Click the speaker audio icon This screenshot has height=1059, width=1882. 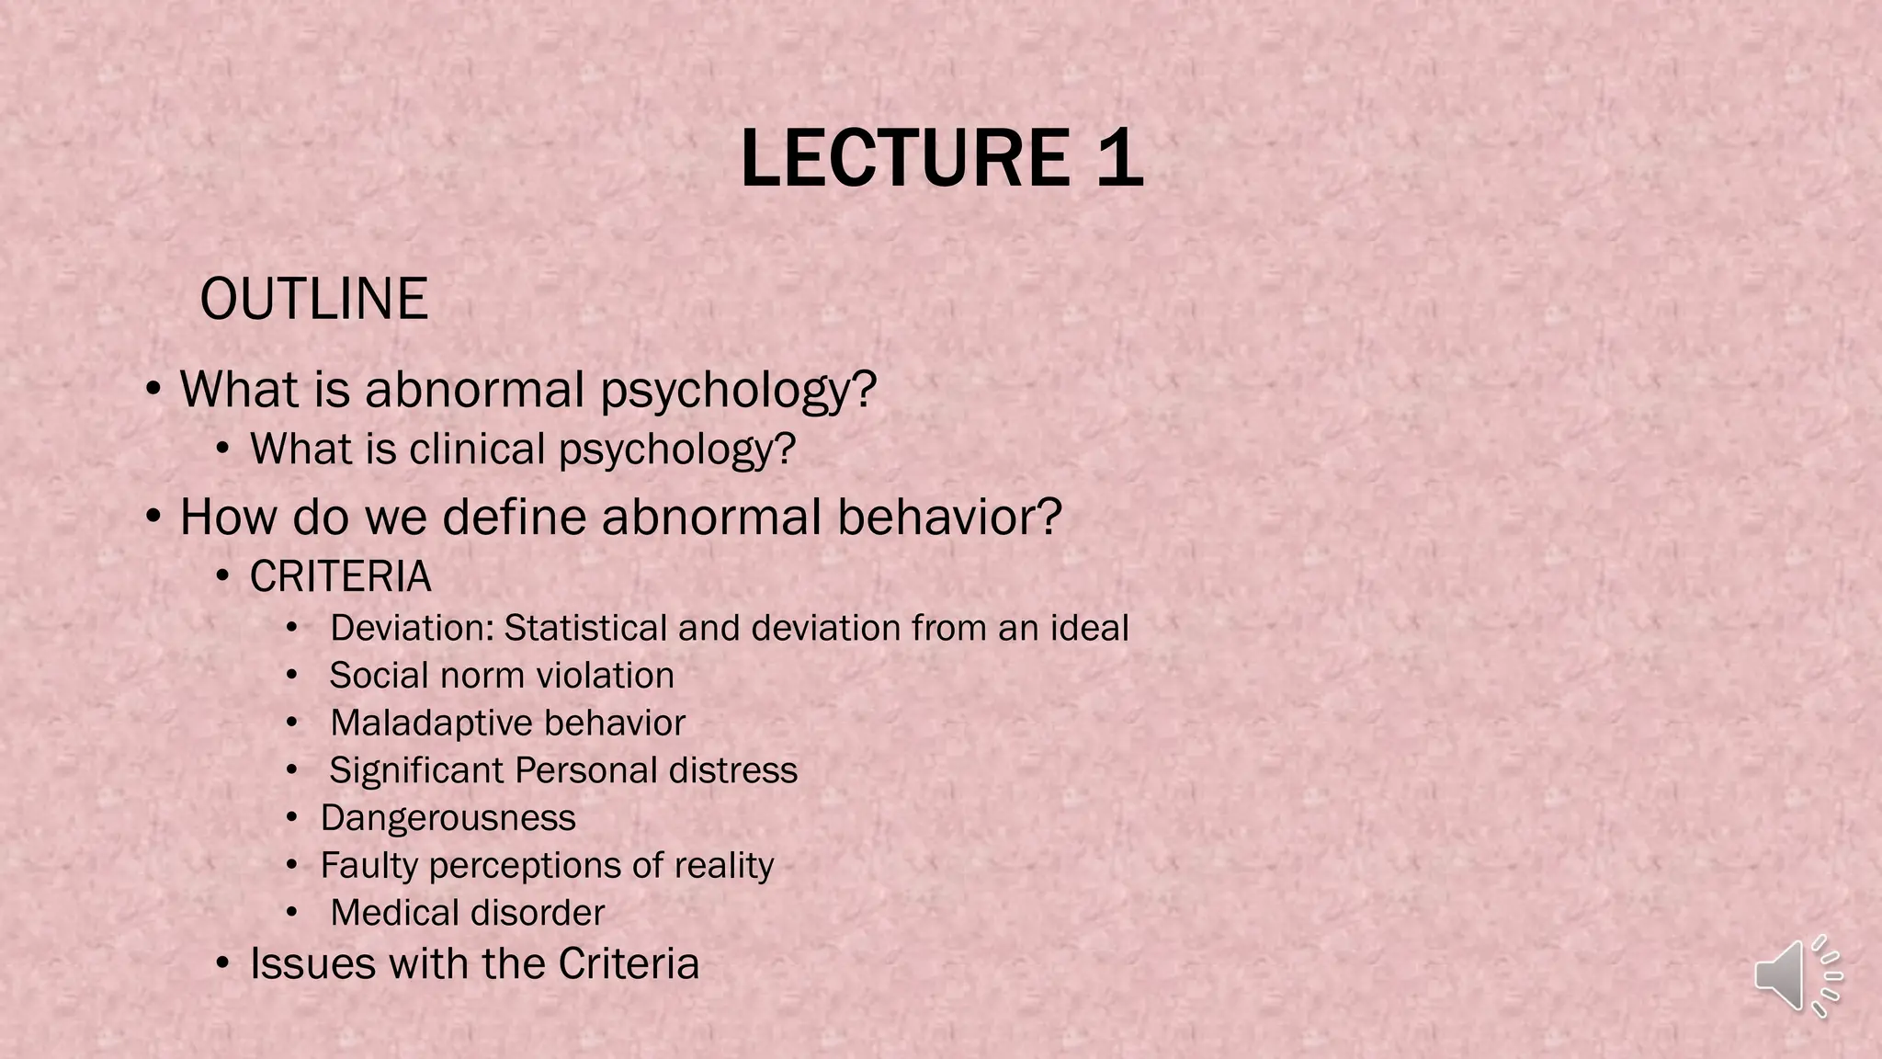click(x=1797, y=976)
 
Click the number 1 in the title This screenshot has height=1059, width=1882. click(x=1119, y=158)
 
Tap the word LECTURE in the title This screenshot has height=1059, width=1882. click(x=905, y=158)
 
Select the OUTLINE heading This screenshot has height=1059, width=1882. click(x=313, y=299)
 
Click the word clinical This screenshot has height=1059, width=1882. click(x=477, y=450)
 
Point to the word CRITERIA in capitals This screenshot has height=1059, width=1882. click(x=340, y=577)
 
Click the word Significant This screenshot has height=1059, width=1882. click(x=417, y=770)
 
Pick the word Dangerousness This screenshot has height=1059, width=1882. click(x=448, y=818)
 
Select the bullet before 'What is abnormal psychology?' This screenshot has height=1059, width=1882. click(x=153, y=389)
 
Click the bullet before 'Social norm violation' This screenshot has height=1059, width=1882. click(x=291, y=676)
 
